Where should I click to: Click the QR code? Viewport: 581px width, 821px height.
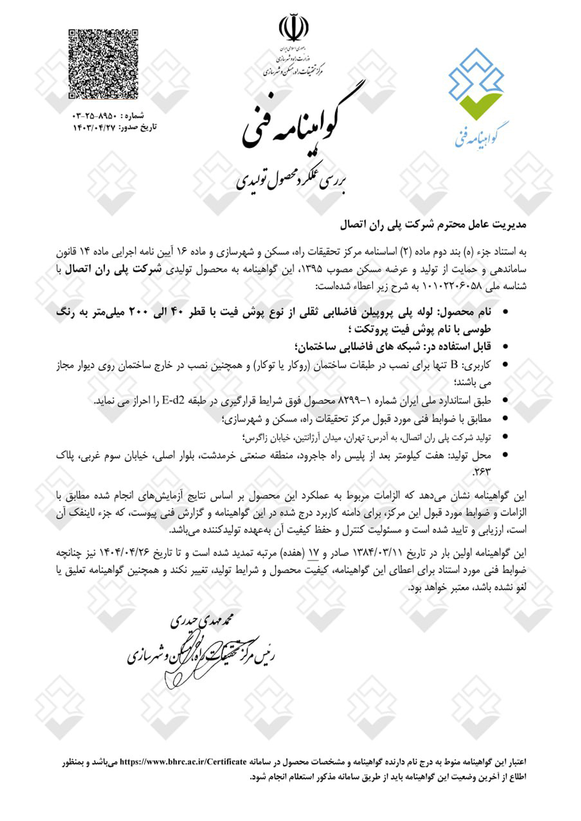tap(103, 64)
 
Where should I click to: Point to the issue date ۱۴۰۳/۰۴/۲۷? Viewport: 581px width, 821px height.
tap(94, 127)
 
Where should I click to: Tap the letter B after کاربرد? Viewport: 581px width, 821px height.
tap(454, 365)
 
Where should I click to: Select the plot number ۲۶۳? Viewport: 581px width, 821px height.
tap(481, 472)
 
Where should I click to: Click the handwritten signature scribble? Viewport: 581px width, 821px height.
tap(176, 678)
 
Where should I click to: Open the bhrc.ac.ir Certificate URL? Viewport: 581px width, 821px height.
tap(183, 762)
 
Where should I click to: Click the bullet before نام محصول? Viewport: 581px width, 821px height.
tap(505, 312)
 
